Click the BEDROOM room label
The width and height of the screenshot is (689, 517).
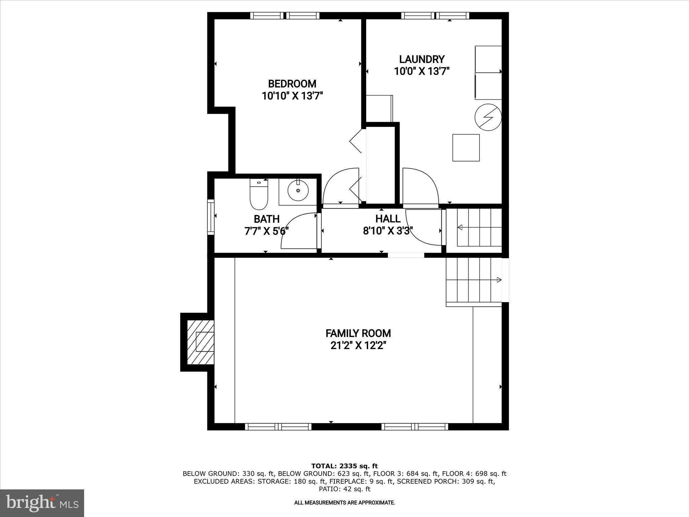[x=292, y=83]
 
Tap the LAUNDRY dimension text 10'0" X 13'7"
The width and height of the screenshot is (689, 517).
[x=422, y=71]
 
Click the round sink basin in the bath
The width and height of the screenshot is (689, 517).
[x=298, y=191]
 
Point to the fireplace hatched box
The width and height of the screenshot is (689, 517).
[x=201, y=342]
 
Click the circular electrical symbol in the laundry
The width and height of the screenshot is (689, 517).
[x=488, y=117]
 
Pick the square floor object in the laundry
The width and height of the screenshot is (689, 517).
[x=466, y=148]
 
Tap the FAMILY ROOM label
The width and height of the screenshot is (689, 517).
[x=358, y=333]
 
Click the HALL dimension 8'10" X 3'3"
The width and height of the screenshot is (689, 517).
[x=388, y=231]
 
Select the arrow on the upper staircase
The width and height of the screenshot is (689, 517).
[x=460, y=228]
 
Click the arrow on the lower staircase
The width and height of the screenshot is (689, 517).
[x=499, y=280]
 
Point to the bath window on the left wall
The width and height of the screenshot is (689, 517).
[x=211, y=217]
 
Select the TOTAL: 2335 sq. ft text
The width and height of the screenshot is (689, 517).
[x=344, y=466]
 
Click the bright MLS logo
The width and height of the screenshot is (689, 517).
[x=42, y=503]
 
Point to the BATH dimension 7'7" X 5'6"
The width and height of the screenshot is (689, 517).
[x=266, y=231]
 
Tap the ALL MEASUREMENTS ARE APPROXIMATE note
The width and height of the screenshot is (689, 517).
[x=344, y=503]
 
